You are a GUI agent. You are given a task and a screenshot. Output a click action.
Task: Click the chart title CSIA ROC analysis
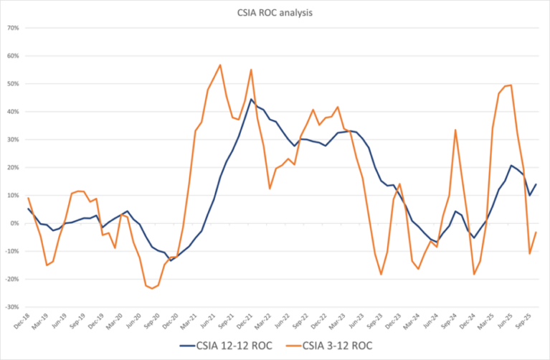[x=275, y=11]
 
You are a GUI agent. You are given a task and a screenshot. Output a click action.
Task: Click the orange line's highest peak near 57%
[x=220, y=65]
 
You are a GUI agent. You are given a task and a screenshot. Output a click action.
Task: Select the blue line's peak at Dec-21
[x=251, y=99]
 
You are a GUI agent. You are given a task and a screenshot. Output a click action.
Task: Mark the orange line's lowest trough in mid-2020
[x=151, y=288]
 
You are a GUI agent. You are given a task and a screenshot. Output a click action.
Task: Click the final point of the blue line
[x=536, y=184]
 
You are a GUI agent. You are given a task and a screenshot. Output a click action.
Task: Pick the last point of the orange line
[x=536, y=232]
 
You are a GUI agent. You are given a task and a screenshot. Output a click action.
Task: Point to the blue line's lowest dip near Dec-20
[x=171, y=260]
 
